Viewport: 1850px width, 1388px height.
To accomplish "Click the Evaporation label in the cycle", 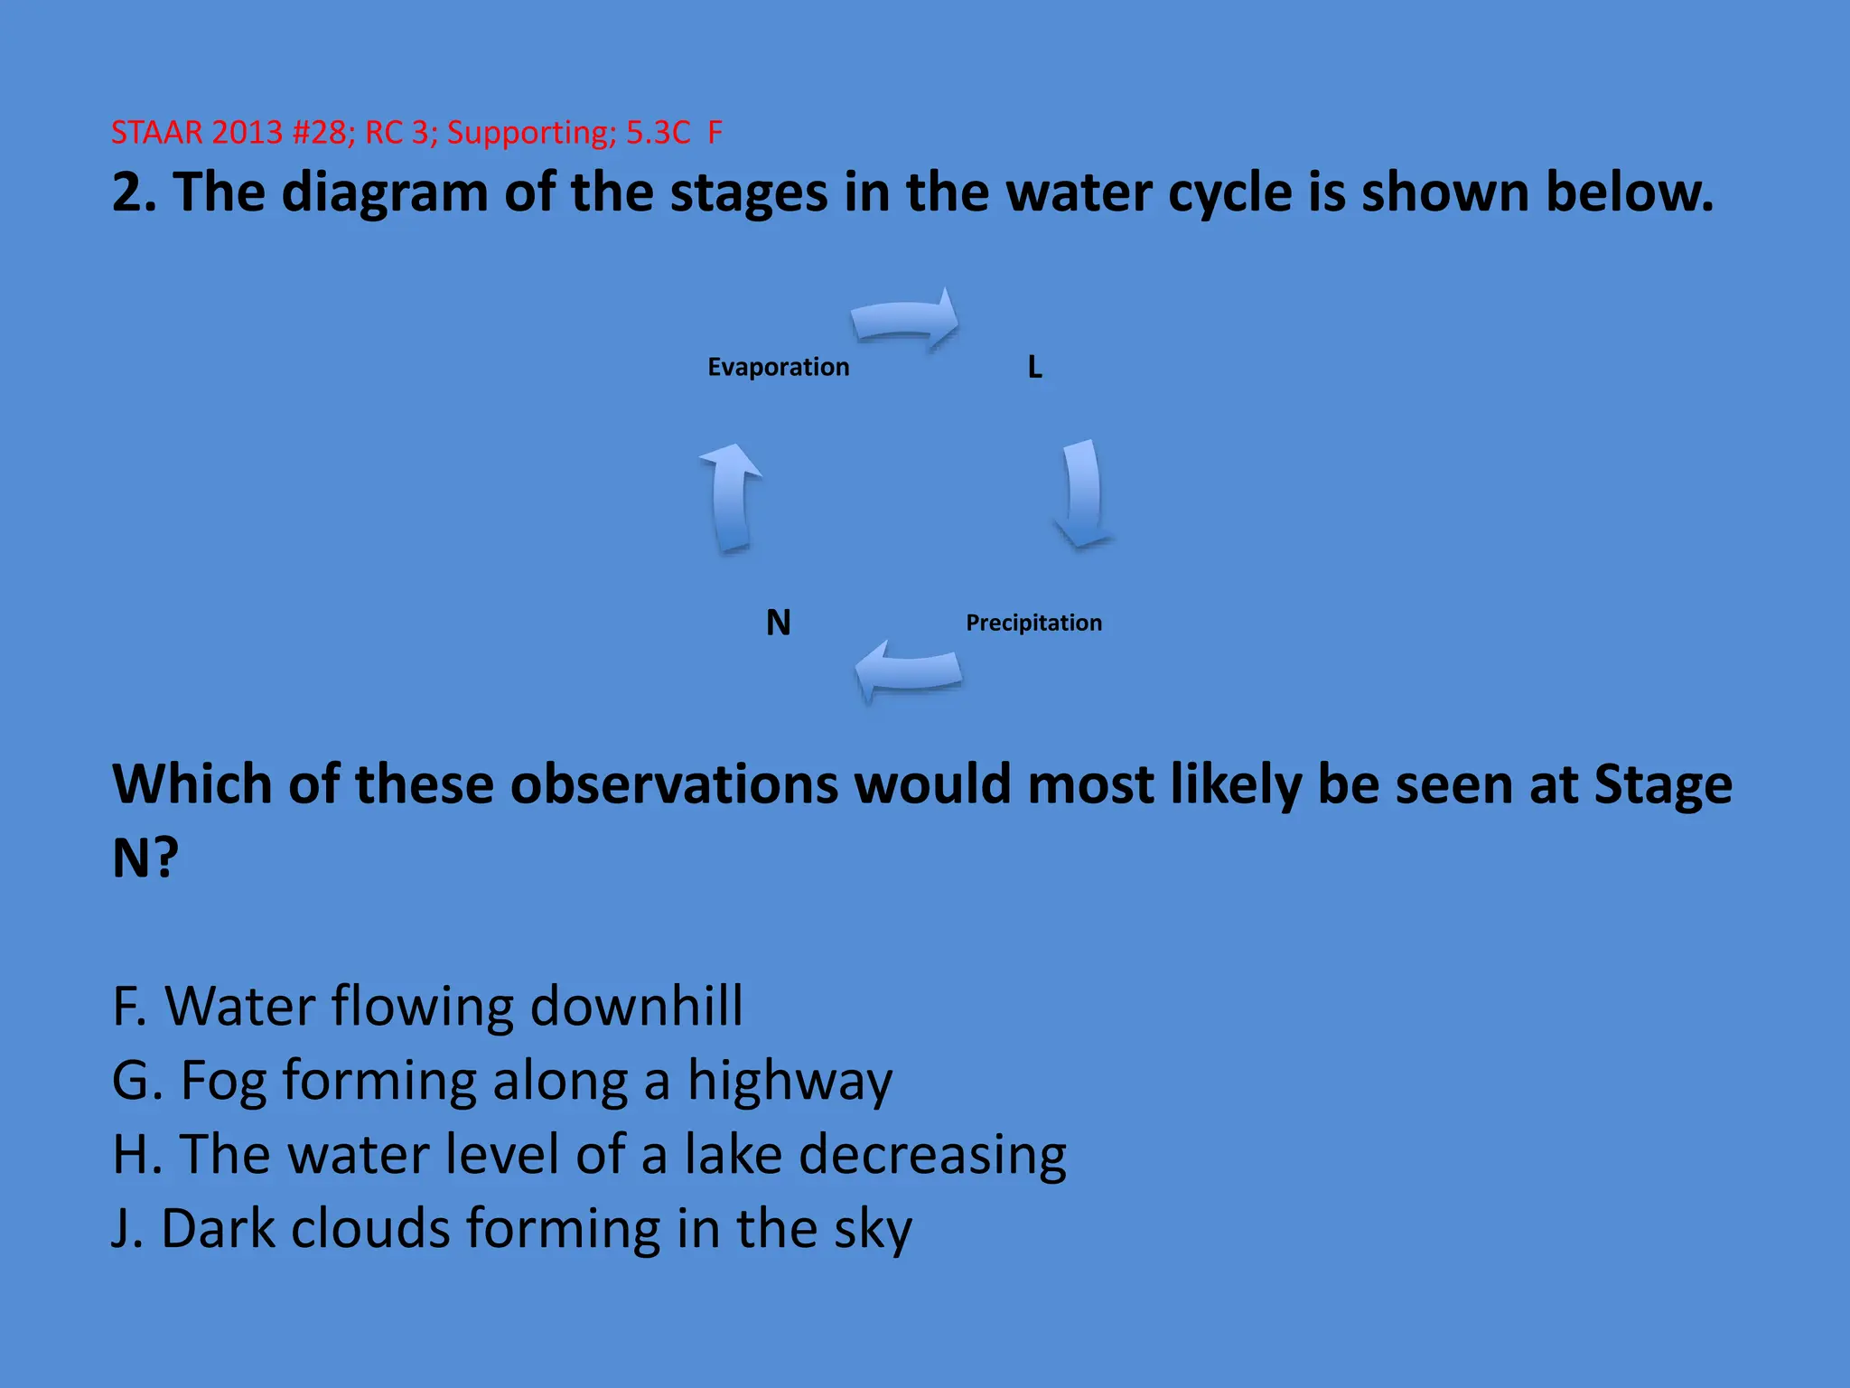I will (778, 367).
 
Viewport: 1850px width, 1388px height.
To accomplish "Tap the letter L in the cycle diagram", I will (1035, 367).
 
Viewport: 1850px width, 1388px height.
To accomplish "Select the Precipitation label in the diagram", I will (1033, 623).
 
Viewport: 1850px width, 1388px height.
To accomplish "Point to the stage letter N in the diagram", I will (778, 623).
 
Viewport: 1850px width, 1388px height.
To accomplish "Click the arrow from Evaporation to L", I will (905, 321).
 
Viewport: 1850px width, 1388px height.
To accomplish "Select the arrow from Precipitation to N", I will (908, 671).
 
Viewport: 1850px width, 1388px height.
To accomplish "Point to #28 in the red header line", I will (322, 133).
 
